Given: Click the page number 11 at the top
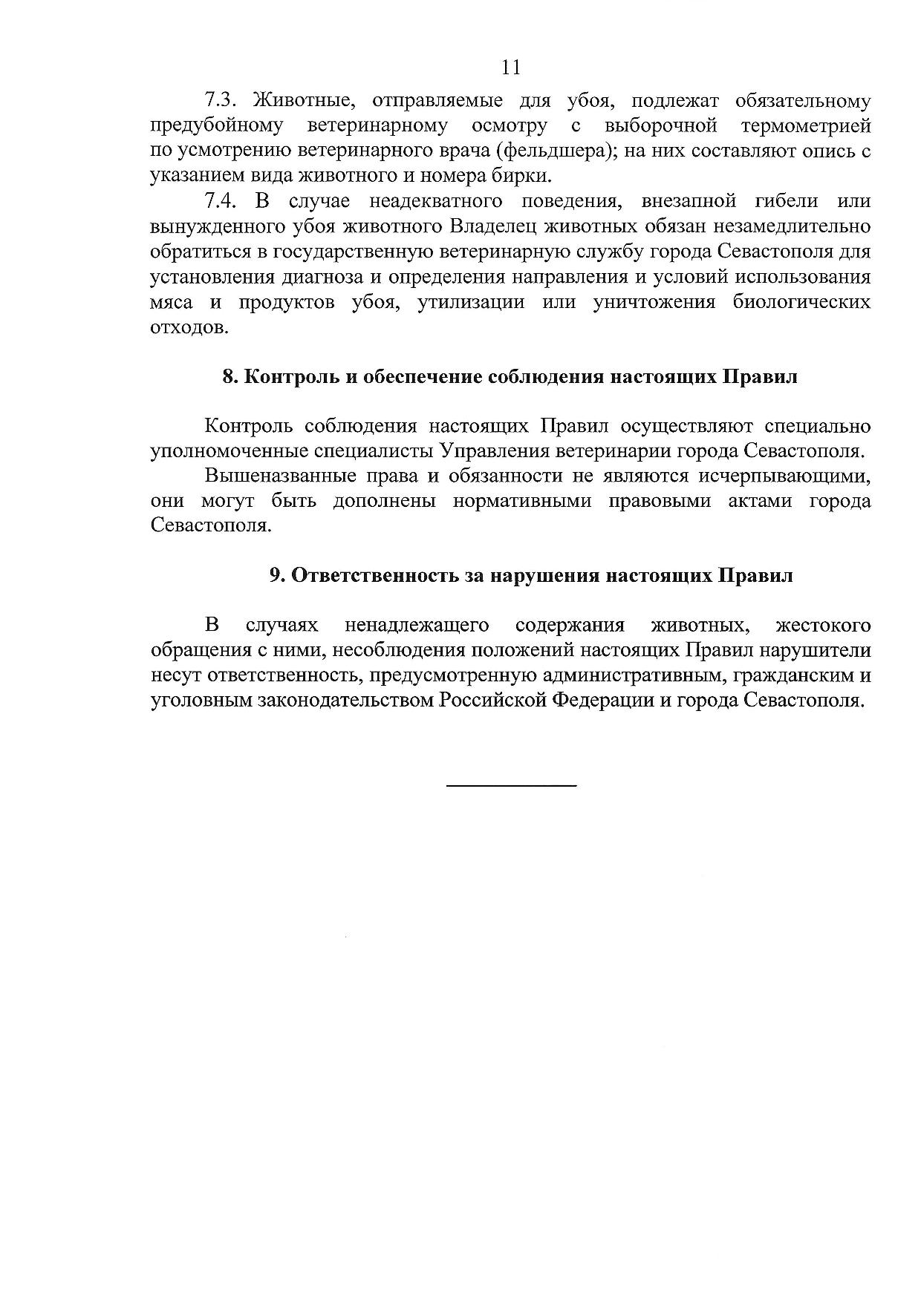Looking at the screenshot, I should [511, 68].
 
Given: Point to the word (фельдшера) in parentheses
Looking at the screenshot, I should [553, 151].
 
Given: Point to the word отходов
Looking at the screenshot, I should [188, 327].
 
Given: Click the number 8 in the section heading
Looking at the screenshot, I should [229, 377].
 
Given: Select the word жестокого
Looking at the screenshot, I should [822, 626].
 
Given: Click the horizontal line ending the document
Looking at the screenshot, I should [512, 785].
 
